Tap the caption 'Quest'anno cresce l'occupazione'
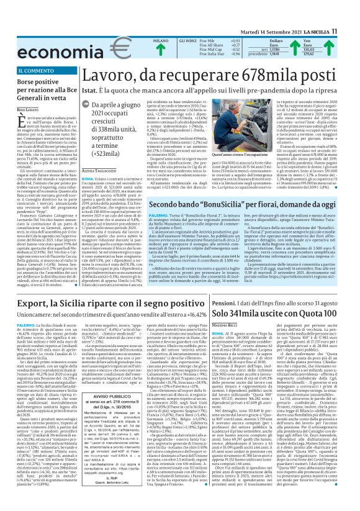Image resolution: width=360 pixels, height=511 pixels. click(x=238, y=172)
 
